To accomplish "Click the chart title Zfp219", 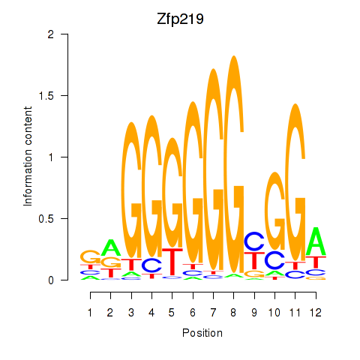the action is pyautogui.click(x=180, y=19).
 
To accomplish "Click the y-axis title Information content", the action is pyautogui.click(x=28, y=157).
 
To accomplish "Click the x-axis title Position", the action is pyautogui.click(x=202, y=333).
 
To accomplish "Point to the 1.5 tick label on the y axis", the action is pyautogui.click(x=46, y=95).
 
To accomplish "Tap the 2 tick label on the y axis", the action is pyautogui.click(x=51, y=34).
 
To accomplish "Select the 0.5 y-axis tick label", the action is pyautogui.click(x=46, y=219).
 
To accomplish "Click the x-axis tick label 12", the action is pyautogui.click(x=316, y=313).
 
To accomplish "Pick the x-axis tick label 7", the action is pyautogui.click(x=213, y=313).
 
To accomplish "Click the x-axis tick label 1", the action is pyautogui.click(x=90, y=313).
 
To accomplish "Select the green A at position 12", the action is pyautogui.click(x=316, y=241).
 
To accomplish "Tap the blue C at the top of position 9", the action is pyautogui.click(x=254, y=241).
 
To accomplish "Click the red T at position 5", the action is pyautogui.click(x=172, y=262).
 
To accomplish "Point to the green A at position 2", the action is pyautogui.click(x=110, y=247).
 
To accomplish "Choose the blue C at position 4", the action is pyautogui.click(x=151, y=265).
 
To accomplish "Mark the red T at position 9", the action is pyautogui.click(x=254, y=261).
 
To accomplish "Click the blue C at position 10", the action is pyautogui.click(x=275, y=260).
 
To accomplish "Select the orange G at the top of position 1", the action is pyautogui.click(x=90, y=256).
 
